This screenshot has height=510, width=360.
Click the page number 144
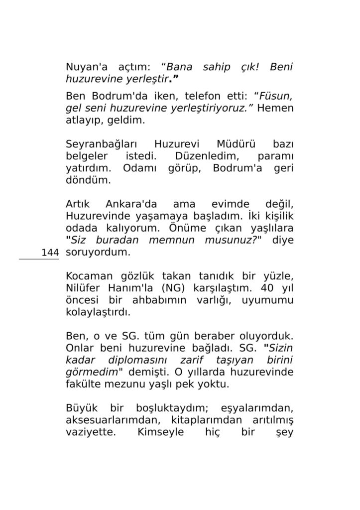tap(50, 253)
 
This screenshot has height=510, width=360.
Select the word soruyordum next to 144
tap(98, 253)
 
